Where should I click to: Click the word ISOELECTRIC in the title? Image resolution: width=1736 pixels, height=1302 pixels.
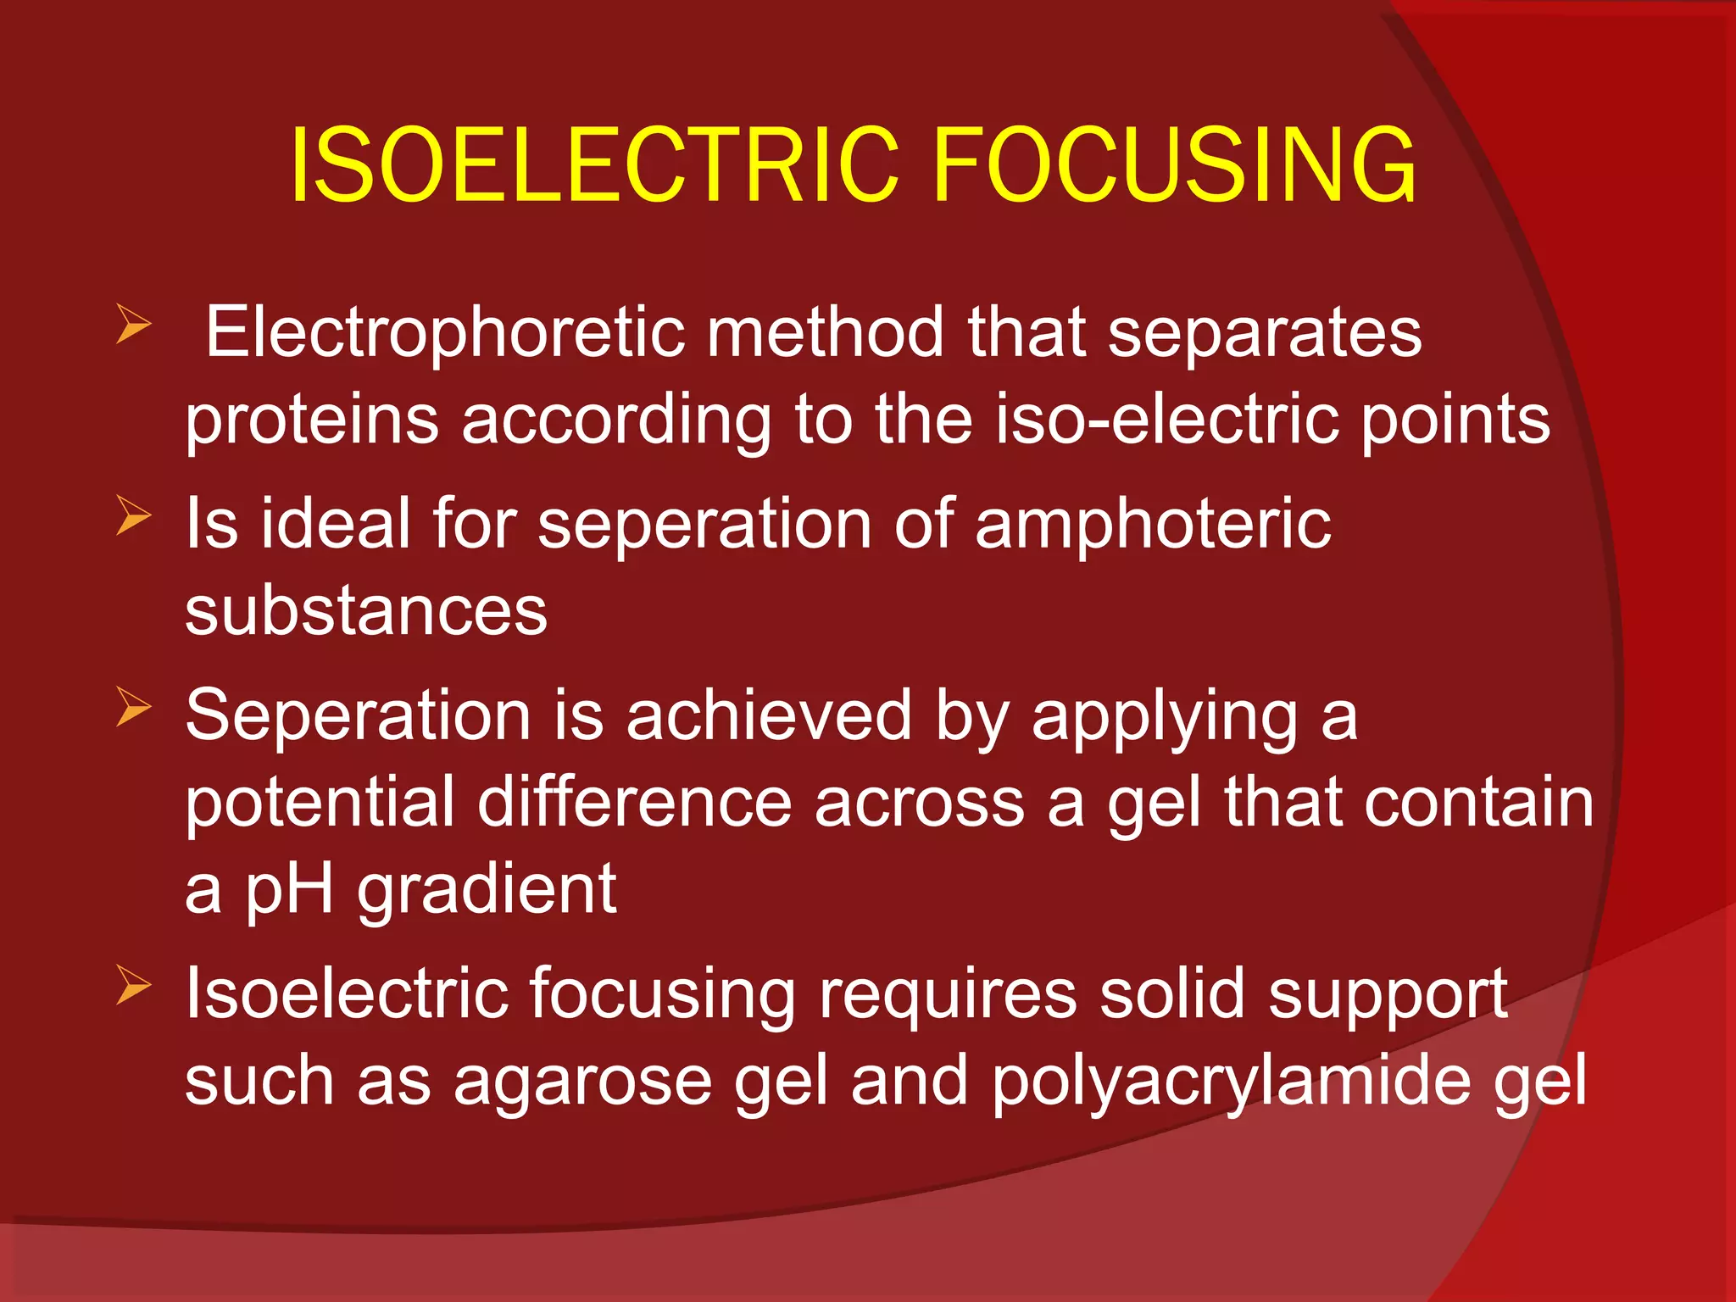(x=593, y=165)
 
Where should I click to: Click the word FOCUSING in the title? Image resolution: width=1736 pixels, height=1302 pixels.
(x=1174, y=165)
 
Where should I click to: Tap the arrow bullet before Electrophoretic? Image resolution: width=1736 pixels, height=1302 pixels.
(x=133, y=325)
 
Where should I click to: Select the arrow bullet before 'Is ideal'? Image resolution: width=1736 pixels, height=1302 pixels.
(x=133, y=515)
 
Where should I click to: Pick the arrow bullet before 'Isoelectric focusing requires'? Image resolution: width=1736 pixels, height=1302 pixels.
(x=133, y=985)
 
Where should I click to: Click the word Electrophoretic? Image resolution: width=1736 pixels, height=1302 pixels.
(x=444, y=332)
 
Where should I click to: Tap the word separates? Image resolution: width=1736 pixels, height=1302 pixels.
(x=1265, y=332)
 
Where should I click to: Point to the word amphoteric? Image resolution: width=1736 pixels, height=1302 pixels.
(x=1153, y=524)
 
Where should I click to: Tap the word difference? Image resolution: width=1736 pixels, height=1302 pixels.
(x=634, y=803)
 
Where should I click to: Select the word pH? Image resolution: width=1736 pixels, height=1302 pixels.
(x=288, y=890)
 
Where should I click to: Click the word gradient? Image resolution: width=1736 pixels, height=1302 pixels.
(x=487, y=890)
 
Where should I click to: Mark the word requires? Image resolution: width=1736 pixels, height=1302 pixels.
(x=947, y=993)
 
